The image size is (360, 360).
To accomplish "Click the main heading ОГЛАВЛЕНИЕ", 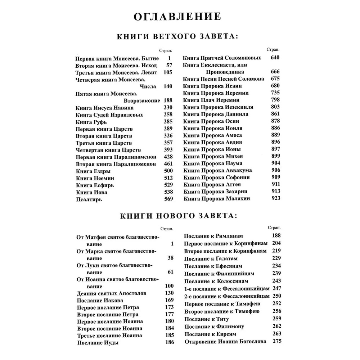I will click(177, 17).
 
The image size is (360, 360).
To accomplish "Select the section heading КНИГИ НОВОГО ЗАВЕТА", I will click(177, 216).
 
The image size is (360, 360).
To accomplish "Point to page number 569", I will click(168, 199).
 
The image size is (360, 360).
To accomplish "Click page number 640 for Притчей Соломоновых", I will click(275, 58).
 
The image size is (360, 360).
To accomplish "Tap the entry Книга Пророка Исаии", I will click(212, 86).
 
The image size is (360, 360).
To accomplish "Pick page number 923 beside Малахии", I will click(275, 198).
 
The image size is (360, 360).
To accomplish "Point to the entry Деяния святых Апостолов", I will click(112, 293).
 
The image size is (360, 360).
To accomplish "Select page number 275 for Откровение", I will click(276, 341).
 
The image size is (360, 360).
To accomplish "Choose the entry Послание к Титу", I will click(206, 319).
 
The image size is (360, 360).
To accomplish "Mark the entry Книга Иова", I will click(91, 192).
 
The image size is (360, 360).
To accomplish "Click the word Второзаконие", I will click(141, 100).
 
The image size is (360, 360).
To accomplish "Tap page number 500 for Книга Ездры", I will click(168, 171).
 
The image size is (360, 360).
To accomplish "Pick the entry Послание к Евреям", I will click(211, 334).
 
